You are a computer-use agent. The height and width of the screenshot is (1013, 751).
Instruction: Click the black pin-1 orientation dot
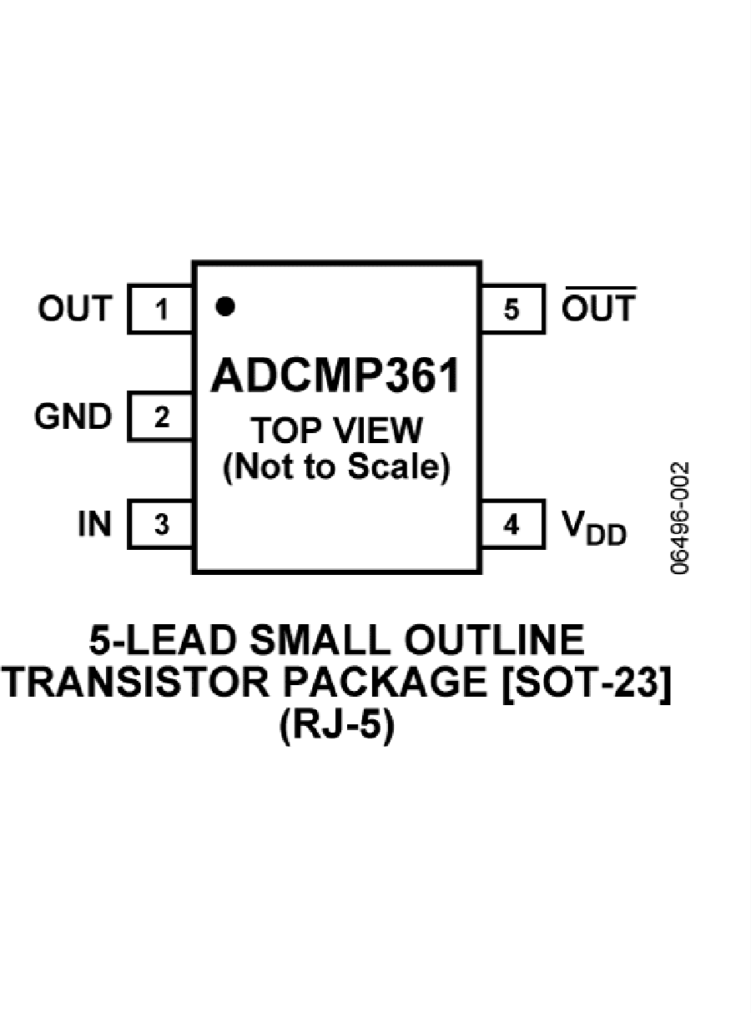[x=225, y=306]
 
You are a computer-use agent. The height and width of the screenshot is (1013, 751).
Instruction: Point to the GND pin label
[x=73, y=416]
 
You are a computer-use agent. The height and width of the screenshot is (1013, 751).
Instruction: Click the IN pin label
[x=94, y=524]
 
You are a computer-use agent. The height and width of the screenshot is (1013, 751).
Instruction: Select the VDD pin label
[x=594, y=527]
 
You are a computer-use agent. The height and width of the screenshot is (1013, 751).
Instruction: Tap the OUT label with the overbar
[x=599, y=305]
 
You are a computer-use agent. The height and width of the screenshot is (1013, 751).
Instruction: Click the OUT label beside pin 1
[x=75, y=308]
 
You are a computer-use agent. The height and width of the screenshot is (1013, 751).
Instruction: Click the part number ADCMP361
[x=335, y=375]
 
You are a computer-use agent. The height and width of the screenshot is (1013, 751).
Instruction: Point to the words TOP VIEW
[x=336, y=431]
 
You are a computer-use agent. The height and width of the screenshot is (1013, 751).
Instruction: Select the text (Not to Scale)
[x=336, y=467]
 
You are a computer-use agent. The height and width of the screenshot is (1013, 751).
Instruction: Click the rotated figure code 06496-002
[x=680, y=518]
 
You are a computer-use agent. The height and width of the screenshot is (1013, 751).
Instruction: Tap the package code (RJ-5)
[x=336, y=726]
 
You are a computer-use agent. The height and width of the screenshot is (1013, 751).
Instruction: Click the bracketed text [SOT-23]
[x=586, y=682]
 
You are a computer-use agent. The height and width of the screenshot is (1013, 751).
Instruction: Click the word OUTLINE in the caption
[x=494, y=640]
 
